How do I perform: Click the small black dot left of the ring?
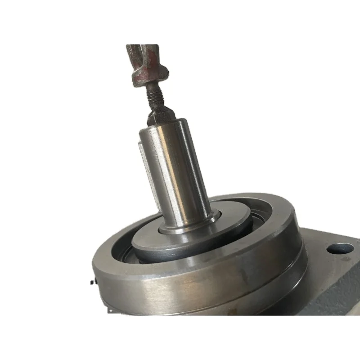pyautogui.click(x=92, y=282)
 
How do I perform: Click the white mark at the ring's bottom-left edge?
pyautogui.click(x=110, y=310)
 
